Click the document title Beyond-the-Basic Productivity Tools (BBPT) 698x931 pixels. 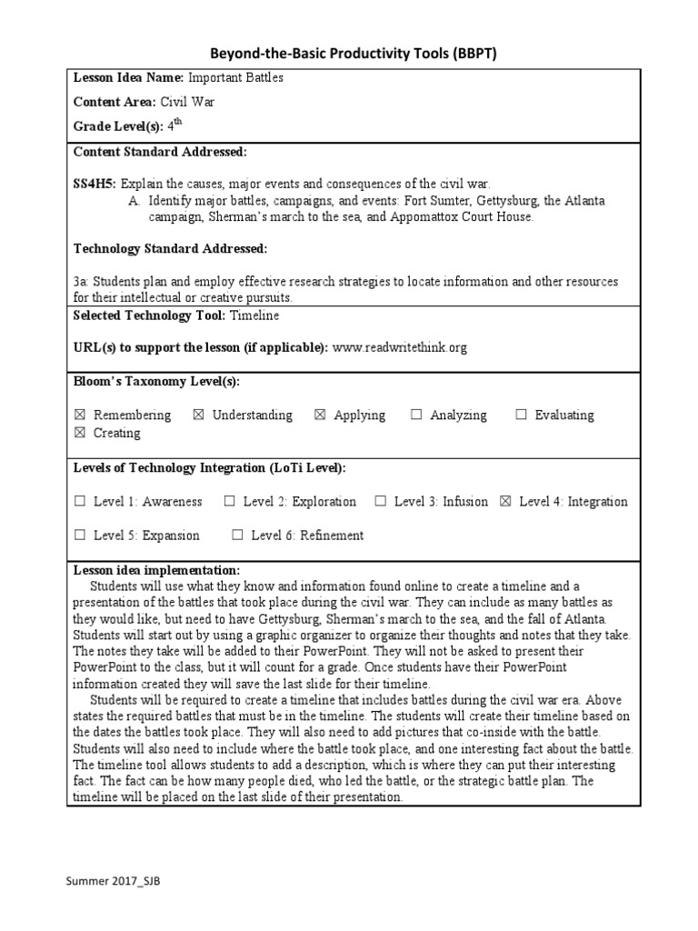354,55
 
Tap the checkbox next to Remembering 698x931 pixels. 80,415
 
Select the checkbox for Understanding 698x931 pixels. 198,415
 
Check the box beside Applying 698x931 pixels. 320,415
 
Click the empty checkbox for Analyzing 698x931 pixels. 416,415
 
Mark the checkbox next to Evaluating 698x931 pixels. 521,415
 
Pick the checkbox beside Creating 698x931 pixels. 80,434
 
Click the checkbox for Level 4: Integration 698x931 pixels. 506,502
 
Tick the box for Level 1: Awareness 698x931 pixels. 80,502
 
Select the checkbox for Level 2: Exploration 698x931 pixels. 230,502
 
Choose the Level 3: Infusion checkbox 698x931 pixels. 381,502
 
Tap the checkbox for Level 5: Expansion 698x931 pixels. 80,536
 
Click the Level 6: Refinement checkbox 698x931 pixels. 238,536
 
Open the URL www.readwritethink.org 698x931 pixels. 400,347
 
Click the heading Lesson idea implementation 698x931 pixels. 156,569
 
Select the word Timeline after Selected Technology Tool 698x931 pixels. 255,315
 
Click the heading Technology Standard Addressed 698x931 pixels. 170,248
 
